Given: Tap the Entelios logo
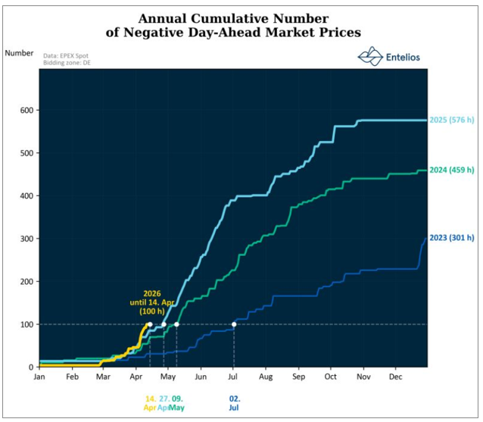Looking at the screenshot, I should point(388,57).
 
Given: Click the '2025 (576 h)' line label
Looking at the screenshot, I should point(453,120).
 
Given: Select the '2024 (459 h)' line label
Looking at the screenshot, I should point(453,170).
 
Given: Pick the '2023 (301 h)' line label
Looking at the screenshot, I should point(453,239).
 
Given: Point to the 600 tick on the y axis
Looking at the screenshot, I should point(24,110).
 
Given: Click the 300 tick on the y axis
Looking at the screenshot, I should point(24,239).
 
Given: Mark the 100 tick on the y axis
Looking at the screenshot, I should point(24,324).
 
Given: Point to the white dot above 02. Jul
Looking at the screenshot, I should point(234,324).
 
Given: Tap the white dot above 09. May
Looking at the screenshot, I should point(176,324).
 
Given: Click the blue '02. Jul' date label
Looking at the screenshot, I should point(235,402).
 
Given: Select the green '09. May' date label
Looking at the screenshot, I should point(176,402).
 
